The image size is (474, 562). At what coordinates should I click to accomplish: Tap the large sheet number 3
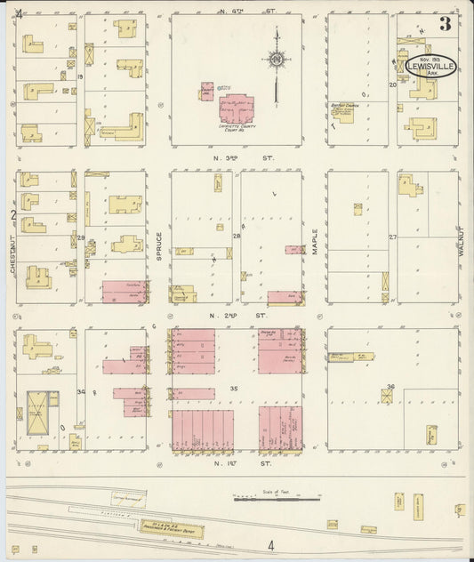click(444, 24)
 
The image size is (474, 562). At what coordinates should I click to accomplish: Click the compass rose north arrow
click(278, 60)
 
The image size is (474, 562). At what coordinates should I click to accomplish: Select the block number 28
click(237, 237)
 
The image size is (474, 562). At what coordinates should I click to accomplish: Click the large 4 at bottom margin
click(270, 545)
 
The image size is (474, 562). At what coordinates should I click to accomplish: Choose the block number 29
click(80, 237)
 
